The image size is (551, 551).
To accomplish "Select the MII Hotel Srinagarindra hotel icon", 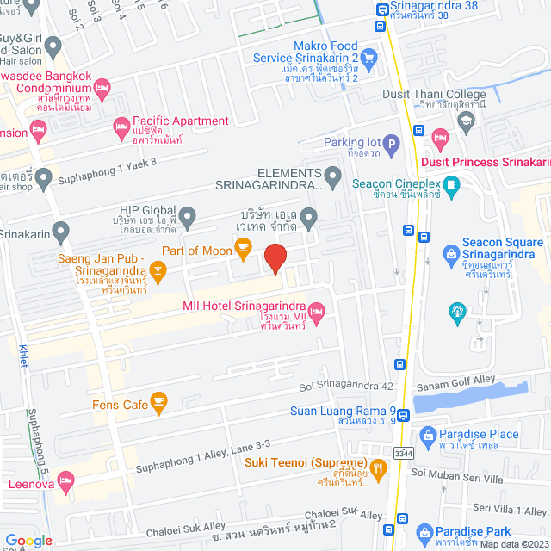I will point(317,310).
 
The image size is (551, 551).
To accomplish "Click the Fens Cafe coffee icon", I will point(158,401).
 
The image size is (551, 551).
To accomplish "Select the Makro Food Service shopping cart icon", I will point(369,58).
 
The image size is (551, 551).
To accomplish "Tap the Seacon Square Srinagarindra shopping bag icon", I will point(449,252).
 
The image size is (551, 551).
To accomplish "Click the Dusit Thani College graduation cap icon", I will point(466,120).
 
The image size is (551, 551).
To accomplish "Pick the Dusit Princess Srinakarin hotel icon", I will point(440,138).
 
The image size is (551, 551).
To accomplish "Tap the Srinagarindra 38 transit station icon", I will point(381,11).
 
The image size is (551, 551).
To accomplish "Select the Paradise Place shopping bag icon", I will point(428,435).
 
